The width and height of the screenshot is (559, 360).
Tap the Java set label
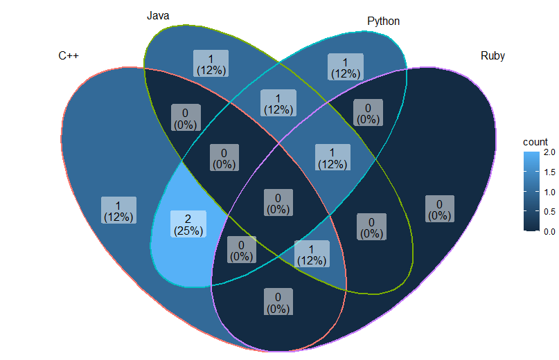158,15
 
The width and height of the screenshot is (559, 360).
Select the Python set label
383,21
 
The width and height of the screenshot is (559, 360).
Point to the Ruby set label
493,56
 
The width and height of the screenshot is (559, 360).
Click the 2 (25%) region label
187,225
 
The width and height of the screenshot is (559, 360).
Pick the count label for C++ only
118,210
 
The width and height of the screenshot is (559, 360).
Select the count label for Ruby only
439,209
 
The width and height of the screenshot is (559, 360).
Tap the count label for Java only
211,64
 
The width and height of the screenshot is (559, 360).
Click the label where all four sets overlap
277,202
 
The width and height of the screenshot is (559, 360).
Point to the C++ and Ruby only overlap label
277,303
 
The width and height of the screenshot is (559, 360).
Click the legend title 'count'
535,141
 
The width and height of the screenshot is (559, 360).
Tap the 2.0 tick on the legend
549,152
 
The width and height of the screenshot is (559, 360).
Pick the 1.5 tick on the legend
549,172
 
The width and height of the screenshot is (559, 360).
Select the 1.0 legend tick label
549,192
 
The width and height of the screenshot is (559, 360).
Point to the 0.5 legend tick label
549,212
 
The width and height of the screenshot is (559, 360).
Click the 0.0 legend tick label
549,232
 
